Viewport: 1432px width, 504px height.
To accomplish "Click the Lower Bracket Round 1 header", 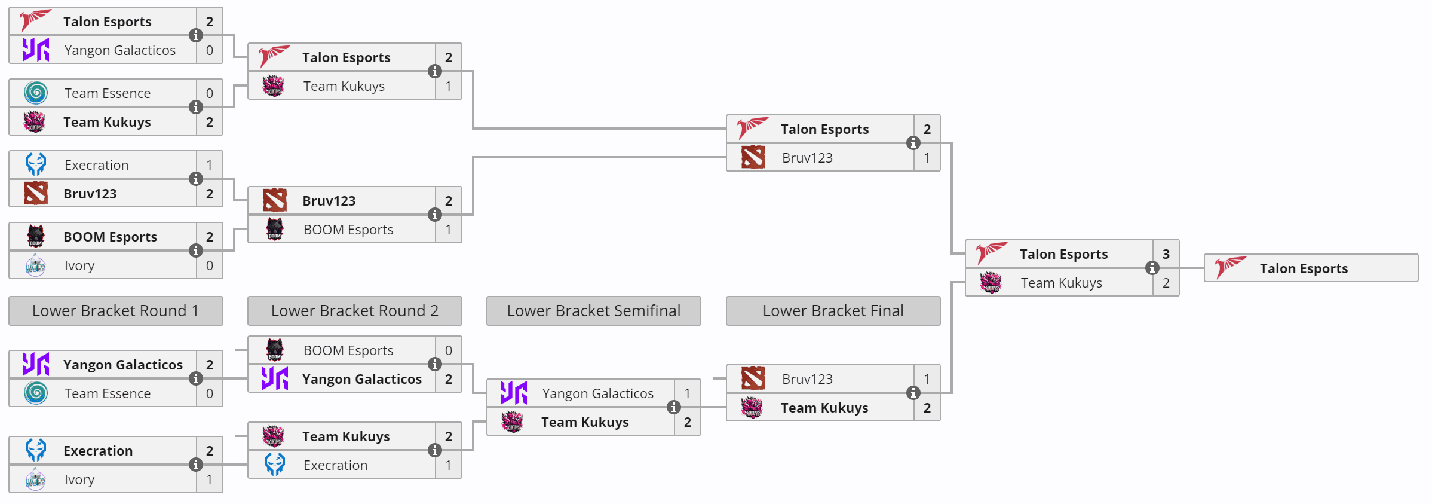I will pos(115,311).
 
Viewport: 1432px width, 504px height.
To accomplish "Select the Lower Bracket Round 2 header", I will pos(354,311).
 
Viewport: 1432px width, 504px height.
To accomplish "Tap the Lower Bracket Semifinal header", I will pos(593,311).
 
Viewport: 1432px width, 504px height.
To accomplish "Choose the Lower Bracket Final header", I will pos(833,311).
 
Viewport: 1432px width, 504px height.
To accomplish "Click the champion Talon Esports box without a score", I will pos(1311,268).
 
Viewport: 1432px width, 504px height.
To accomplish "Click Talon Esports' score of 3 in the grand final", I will pos(1166,254).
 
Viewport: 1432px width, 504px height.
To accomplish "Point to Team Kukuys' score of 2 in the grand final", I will pos(1166,283).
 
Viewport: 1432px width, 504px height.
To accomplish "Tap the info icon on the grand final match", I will pos(1152,268).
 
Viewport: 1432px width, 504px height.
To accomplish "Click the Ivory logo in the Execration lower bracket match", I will pos(36,479).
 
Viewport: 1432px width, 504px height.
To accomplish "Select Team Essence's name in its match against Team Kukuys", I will pos(108,93).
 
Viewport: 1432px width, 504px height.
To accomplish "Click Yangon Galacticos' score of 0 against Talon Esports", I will pos(210,50).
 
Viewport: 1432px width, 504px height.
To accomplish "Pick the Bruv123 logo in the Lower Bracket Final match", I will pos(753,379).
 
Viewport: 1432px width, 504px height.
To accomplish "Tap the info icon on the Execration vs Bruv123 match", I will pos(195,179).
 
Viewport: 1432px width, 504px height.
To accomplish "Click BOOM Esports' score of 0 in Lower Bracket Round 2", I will pos(449,350).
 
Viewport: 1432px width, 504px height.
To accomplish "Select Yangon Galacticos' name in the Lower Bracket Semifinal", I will pos(597,393).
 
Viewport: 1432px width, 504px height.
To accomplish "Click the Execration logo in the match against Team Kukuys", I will pos(275,465).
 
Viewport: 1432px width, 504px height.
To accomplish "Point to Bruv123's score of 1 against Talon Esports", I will pos(927,158).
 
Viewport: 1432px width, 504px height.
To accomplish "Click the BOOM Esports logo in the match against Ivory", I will pos(36,237).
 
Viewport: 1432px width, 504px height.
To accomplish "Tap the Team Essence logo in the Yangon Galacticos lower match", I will pos(36,393).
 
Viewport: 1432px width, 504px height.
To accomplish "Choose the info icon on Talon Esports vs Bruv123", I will pos(913,143).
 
